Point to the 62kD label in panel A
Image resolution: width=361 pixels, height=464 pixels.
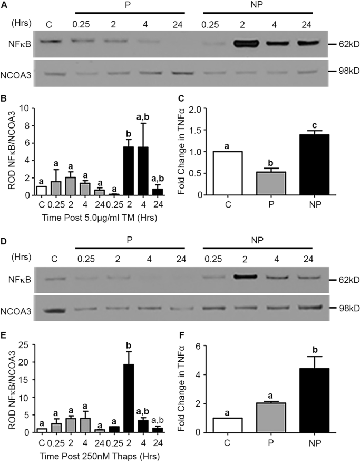[x=343, y=44]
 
